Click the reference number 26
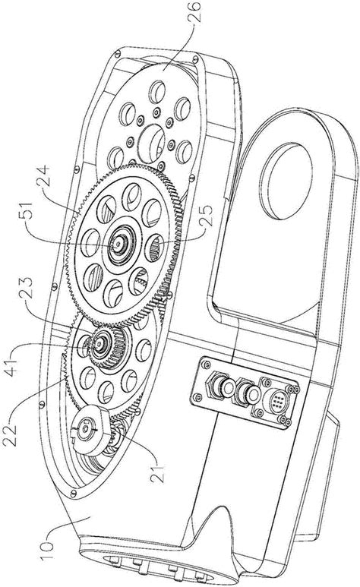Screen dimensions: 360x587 click(x=195, y=11)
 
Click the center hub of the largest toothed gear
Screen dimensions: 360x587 click(x=121, y=244)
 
